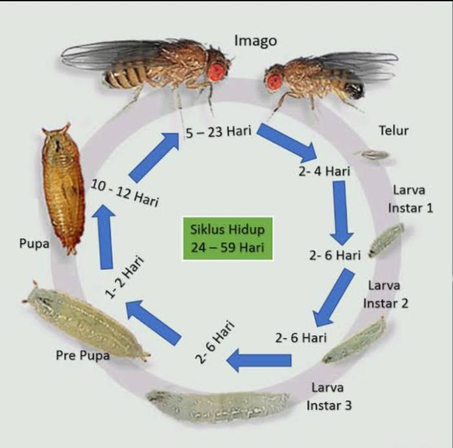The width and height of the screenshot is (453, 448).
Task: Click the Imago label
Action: [x=256, y=41]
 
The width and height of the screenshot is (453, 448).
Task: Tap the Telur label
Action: [x=393, y=131]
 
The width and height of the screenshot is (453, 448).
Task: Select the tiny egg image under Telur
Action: [x=373, y=155]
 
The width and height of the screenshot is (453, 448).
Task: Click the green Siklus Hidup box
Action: [x=227, y=238]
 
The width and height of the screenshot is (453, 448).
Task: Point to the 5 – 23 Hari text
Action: [x=219, y=132]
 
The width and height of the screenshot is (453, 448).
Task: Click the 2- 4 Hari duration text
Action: [x=324, y=172]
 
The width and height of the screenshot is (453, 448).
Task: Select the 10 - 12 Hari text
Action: [x=125, y=193]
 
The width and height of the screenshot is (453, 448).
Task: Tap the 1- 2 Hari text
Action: [x=124, y=276]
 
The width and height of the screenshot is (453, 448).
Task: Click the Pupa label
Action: [x=34, y=243]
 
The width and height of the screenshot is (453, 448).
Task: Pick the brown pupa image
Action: [x=63, y=188]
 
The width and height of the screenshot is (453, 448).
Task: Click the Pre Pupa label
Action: [x=83, y=355]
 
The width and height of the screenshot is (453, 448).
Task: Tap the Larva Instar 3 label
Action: [x=329, y=397]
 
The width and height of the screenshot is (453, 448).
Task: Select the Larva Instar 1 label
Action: [x=410, y=199]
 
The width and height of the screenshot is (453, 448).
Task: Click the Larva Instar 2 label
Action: [x=386, y=295]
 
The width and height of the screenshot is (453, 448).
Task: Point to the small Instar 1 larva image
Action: [x=386, y=240]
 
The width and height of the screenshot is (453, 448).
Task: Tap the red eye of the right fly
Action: [x=274, y=81]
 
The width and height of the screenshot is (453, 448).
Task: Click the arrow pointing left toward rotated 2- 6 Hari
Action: [x=259, y=360]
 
